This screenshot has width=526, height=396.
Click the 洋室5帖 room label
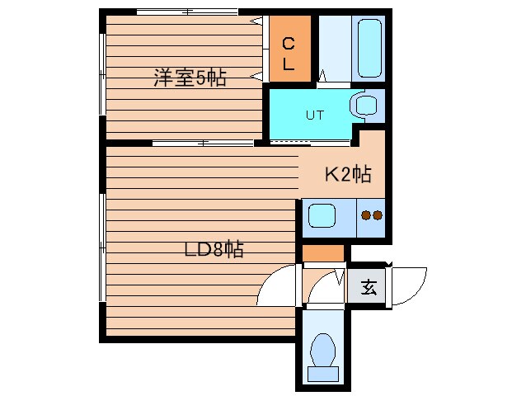pos(189,79)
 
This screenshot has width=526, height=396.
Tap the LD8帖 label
pos(214,249)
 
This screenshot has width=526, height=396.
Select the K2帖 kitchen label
pos(346,174)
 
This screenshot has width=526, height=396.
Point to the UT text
pos(315,115)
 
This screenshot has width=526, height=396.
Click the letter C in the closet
pos(289,44)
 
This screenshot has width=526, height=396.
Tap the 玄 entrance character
pos(369,288)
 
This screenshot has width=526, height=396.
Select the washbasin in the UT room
pos(363,105)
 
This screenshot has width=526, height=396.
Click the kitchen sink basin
pos(320,218)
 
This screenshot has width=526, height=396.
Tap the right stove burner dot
pos(378,216)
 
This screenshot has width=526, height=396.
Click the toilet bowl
pos(322,349)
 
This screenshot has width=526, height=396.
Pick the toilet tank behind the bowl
pos(322,373)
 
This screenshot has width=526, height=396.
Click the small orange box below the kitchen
pos(322,253)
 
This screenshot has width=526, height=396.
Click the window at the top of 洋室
pos(187,12)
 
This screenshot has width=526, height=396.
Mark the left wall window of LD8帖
pos(101,247)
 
